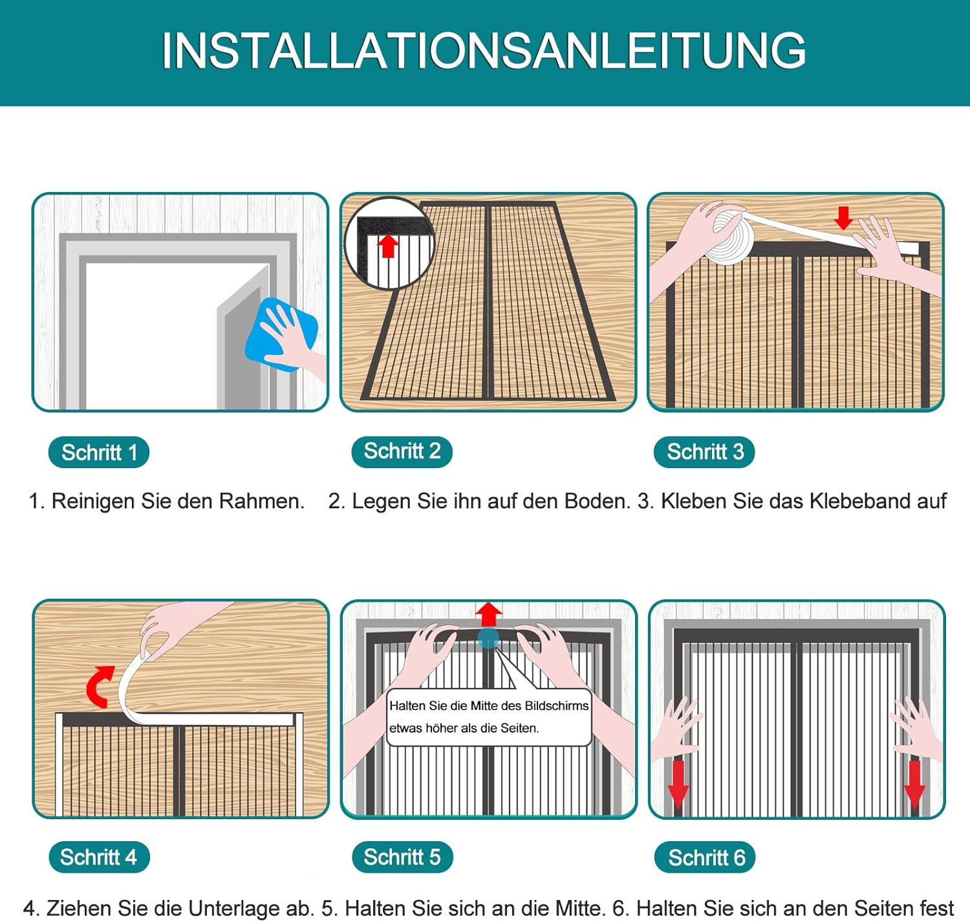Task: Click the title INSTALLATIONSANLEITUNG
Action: click(x=484, y=50)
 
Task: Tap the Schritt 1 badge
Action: click(x=99, y=452)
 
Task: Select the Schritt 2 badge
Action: click(x=402, y=451)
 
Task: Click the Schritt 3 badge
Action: click(x=705, y=452)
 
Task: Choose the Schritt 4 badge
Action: click(x=99, y=857)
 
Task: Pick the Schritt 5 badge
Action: click(x=402, y=857)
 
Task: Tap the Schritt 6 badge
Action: click(x=706, y=857)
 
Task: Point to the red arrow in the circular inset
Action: click(x=388, y=246)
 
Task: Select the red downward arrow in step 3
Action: click(x=843, y=217)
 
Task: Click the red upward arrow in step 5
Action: click(x=488, y=615)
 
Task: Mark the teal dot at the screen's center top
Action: click(x=488, y=638)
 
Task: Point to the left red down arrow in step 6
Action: click(x=678, y=784)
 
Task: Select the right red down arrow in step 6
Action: click(x=914, y=784)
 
